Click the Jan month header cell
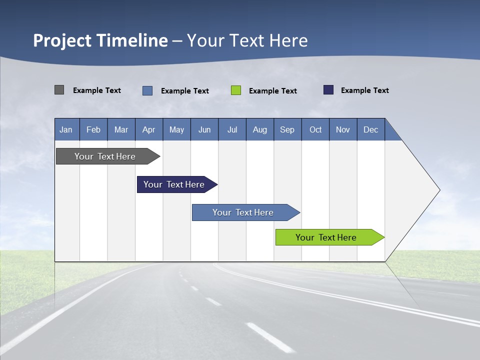pyautogui.click(x=66, y=129)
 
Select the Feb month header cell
pyautogui.click(x=93, y=129)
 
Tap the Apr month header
pyautogui.click(x=149, y=129)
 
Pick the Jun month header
pyautogui.click(x=204, y=129)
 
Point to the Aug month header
pyautogui.click(x=260, y=129)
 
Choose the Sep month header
pyautogui.click(x=287, y=129)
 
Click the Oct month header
pyautogui.click(x=315, y=129)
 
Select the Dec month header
pyautogui.click(x=371, y=129)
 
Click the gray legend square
pyautogui.click(x=59, y=90)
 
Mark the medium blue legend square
pyautogui.click(x=147, y=90)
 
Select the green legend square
pyautogui.click(x=236, y=90)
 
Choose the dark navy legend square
pyautogui.click(x=328, y=90)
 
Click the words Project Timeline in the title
pyautogui.click(x=100, y=40)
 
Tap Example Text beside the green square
pyautogui.click(x=273, y=90)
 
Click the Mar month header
pyautogui.click(x=121, y=129)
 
